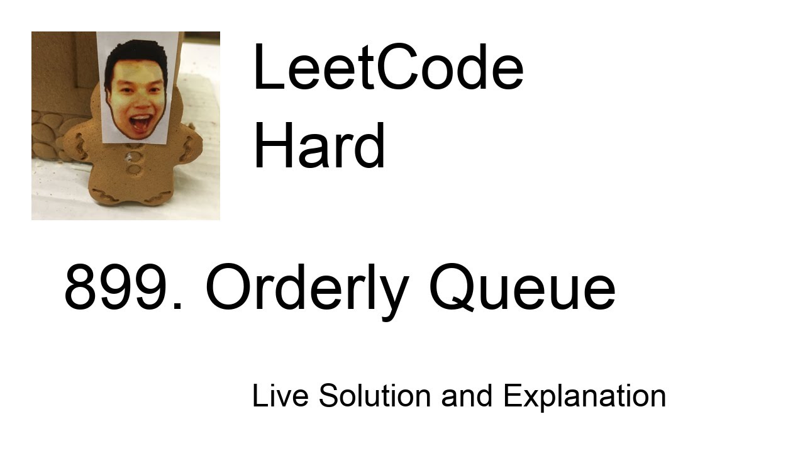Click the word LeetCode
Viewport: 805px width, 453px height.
coord(388,68)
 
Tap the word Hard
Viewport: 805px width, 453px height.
coord(319,145)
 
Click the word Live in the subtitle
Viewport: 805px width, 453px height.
coord(280,396)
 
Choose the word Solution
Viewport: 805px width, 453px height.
coord(375,396)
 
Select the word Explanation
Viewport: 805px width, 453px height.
coord(584,396)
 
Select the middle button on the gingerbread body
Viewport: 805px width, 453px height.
coord(134,169)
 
